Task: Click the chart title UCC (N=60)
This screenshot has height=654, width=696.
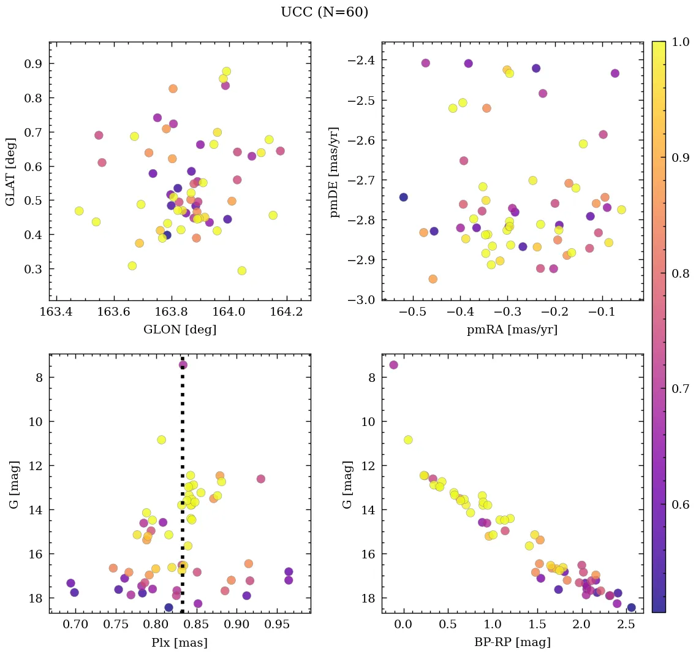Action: (x=325, y=12)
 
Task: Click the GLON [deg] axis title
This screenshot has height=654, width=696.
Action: (x=180, y=330)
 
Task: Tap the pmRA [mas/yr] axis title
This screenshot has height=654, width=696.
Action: (x=512, y=330)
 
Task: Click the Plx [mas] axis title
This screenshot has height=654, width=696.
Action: (x=180, y=643)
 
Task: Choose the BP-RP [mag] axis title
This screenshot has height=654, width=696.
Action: (x=512, y=643)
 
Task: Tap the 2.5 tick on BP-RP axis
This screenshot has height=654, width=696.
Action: (x=626, y=626)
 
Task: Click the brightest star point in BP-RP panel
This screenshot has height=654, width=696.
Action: (x=393, y=365)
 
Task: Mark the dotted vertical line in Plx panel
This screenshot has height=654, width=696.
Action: (x=183, y=490)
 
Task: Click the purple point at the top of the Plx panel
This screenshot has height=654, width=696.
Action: (x=183, y=365)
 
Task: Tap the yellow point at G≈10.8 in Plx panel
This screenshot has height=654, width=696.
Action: (x=162, y=439)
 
